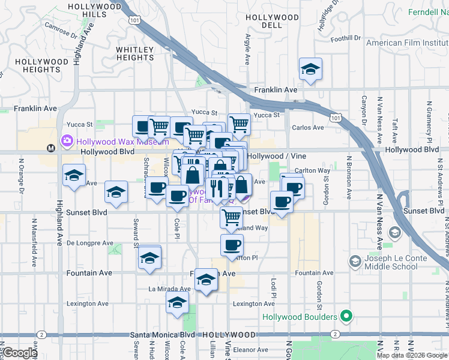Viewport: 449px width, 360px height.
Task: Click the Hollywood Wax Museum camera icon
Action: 67,142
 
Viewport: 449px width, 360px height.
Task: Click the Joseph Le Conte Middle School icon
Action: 355,262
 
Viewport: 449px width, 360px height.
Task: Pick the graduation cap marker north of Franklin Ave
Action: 310,70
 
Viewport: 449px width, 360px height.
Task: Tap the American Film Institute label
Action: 407,43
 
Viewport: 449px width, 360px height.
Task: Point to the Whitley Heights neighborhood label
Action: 135,53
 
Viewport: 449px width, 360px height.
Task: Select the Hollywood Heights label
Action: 41,65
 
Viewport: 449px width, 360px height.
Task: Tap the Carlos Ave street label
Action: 308,127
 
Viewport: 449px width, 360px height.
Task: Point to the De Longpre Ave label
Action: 89,243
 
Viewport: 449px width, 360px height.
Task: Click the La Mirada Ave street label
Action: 169,289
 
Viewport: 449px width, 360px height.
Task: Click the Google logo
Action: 20,353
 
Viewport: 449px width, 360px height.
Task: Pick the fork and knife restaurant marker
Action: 216,188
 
